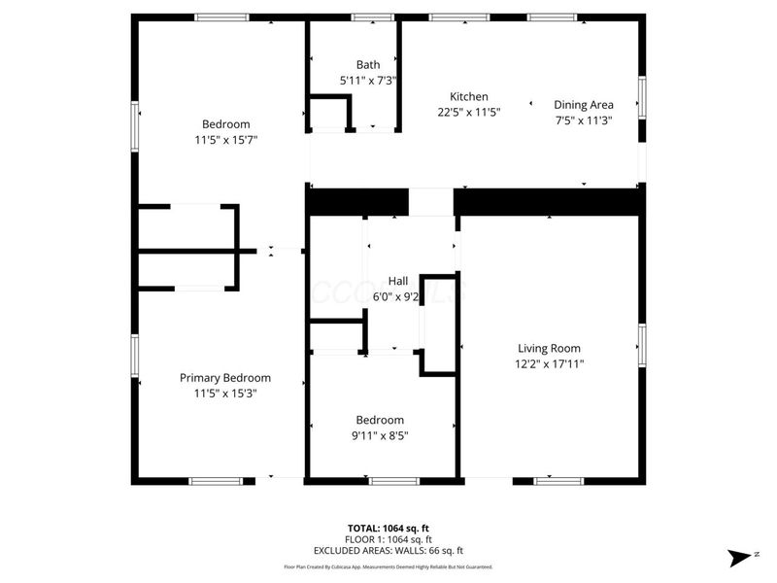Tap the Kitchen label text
(x=468, y=96)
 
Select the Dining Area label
(x=583, y=105)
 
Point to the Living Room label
(x=549, y=348)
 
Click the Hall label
(x=397, y=281)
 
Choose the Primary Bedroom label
(x=225, y=378)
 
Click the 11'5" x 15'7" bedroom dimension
(x=225, y=139)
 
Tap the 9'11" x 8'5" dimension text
(x=380, y=435)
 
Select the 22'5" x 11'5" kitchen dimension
(x=468, y=112)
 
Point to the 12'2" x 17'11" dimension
(x=549, y=363)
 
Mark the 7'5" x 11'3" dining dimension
(x=583, y=120)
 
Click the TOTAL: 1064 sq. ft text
(x=388, y=528)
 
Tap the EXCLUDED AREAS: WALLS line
(x=388, y=550)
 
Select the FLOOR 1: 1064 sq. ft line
(x=388, y=539)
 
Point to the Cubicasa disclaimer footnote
(x=388, y=566)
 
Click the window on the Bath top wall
(x=366, y=17)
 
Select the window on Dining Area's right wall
(x=641, y=97)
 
